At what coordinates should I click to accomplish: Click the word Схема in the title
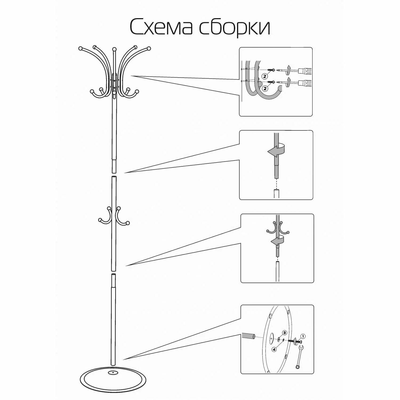point(161,27)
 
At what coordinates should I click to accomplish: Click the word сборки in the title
point(235,27)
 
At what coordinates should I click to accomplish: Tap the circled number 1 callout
point(303,336)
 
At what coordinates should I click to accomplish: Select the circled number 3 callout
point(285,333)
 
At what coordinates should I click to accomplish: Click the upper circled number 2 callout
point(265,76)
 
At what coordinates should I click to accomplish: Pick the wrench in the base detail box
point(299,357)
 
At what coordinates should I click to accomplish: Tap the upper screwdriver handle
point(305,71)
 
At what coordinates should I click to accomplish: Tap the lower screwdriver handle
point(305,83)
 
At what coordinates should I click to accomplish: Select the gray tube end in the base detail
point(248,336)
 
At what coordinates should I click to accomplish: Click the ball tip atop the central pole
point(114,49)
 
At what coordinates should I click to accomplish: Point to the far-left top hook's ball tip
point(81,48)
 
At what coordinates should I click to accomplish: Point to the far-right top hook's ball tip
point(149,49)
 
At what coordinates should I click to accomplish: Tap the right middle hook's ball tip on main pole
point(128,223)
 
